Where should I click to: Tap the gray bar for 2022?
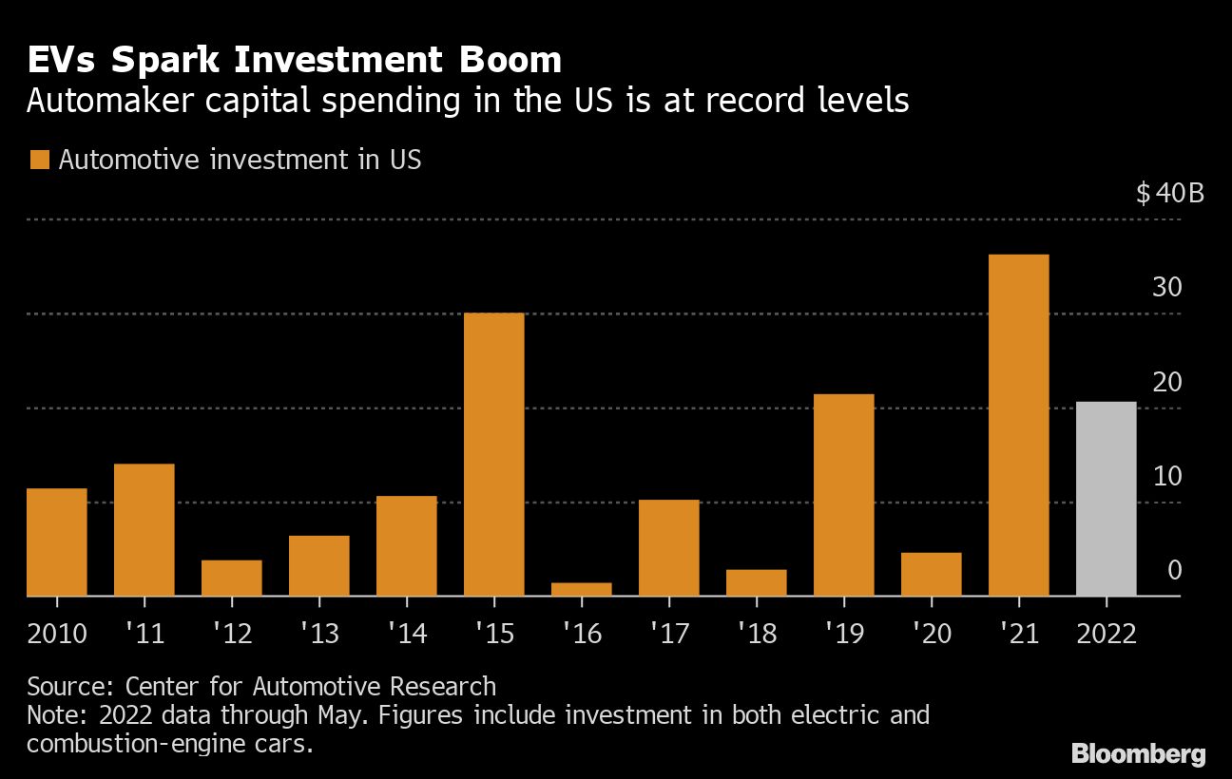pyautogui.click(x=1106, y=499)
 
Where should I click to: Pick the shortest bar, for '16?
pyautogui.click(x=581, y=589)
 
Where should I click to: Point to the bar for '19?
pyautogui.click(x=843, y=495)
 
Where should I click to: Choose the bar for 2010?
pyautogui.click(x=56, y=541)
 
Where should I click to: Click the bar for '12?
pyautogui.click(x=231, y=578)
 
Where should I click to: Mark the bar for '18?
pyautogui.click(x=756, y=582)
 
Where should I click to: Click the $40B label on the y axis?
pyautogui.click(x=1169, y=194)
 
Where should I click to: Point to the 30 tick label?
pyautogui.click(x=1166, y=288)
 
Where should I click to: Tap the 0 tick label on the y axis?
pyautogui.click(x=1174, y=570)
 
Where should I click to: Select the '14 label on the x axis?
pyautogui.click(x=406, y=633)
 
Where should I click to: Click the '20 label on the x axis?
pyautogui.click(x=931, y=633)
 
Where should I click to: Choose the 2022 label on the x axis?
pyautogui.click(x=1106, y=633)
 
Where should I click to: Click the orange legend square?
pyautogui.click(x=39, y=160)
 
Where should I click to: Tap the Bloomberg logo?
pyautogui.click(x=1138, y=754)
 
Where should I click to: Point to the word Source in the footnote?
pyautogui.click(x=62, y=686)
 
